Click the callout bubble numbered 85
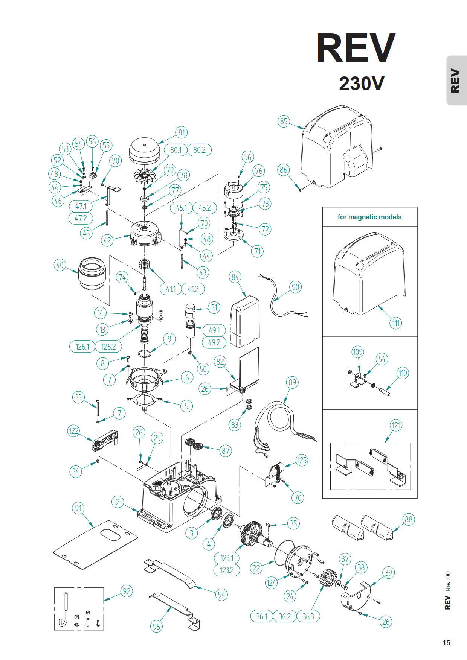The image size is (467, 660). point(284,121)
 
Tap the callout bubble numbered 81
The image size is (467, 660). point(182,132)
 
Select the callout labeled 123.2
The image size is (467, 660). point(227,570)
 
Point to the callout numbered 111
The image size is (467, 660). point(396,323)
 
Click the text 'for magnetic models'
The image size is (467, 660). point(369,217)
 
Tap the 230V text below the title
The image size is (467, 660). point(361,84)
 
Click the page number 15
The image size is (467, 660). point(446,643)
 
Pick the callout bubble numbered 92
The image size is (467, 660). point(127,591)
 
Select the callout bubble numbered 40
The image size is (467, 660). point(60,265)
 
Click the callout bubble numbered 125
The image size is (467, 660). point(302,460)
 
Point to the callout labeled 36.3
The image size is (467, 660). point(308,616)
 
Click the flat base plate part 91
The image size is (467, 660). point(94,546)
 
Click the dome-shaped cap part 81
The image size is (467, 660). point(145,150)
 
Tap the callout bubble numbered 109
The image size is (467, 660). point(358,352)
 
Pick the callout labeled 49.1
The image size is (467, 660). point(214,330)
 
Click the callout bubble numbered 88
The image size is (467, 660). point(408,519)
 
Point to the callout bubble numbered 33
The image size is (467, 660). point(78,397)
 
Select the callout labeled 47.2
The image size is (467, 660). point(81,218)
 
